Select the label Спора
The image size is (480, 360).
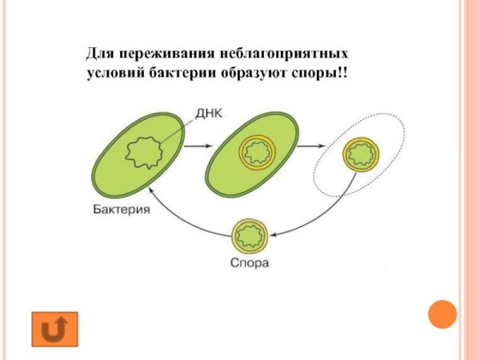(250, 263)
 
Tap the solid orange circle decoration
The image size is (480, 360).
(441, 314)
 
